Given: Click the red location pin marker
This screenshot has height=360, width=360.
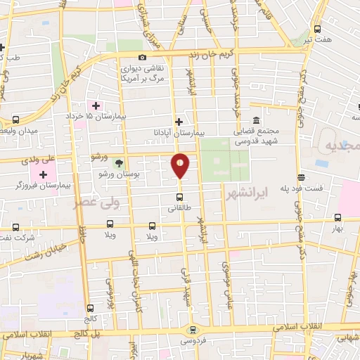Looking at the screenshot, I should point(181,165).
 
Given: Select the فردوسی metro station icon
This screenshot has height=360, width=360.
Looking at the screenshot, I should point(191,329).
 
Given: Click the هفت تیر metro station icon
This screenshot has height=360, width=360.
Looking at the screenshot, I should point(317,29).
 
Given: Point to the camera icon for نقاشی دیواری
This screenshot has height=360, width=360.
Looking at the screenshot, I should point(143,58).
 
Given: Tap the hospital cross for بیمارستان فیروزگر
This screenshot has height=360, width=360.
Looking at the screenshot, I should point(43,174).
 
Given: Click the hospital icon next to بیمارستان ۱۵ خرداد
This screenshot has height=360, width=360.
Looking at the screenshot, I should point(96,105).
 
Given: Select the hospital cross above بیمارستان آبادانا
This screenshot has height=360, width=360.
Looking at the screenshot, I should point(179,122).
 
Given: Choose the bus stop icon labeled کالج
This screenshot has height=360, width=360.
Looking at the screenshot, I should point(89,307).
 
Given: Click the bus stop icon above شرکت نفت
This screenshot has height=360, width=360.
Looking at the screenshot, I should point(16,227).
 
